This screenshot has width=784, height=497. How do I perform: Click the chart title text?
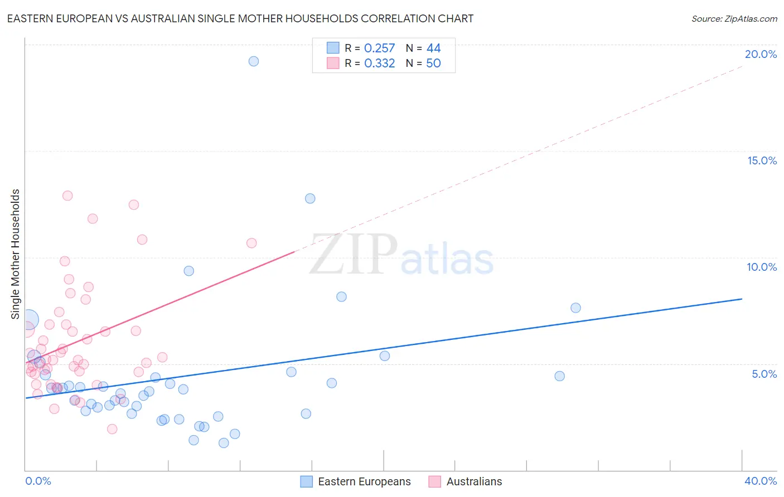click(x=240, y=18)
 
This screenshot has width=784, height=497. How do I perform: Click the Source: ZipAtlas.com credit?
click(x=734, y=18)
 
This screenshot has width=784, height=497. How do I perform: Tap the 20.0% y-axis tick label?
click(x=761, y=54)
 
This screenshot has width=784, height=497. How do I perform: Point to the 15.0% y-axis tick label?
click(x=762, y=160)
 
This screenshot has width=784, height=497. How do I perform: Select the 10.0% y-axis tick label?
click(x=762, y=267)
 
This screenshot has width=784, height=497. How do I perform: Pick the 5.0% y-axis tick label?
click(x=764, y=374)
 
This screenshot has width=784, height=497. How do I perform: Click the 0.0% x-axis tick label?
click(x=38, y=481)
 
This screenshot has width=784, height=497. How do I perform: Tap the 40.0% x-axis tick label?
click(x=761, y=481)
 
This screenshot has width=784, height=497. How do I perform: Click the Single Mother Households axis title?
click(x=15, y=254)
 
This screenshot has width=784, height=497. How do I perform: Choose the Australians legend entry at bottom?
click(x=473, y=481)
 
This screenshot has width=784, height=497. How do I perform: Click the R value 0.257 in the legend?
click(x=379, y=48)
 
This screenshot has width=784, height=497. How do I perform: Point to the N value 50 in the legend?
click(x=433, y=64)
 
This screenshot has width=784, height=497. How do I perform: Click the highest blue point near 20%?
click(x=254, y=61)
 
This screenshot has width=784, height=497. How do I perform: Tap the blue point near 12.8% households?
click(x=310, y=198)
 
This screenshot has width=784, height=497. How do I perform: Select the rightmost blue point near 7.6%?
click(x=575, y=308)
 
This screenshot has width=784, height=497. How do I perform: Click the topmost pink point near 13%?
click(x=67, y=196)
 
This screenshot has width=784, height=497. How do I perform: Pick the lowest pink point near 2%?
click(x=112, y=429)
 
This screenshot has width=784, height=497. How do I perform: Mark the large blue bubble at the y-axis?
click(x=28, y=320)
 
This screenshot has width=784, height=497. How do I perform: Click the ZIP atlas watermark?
click(x=401, y=255)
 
